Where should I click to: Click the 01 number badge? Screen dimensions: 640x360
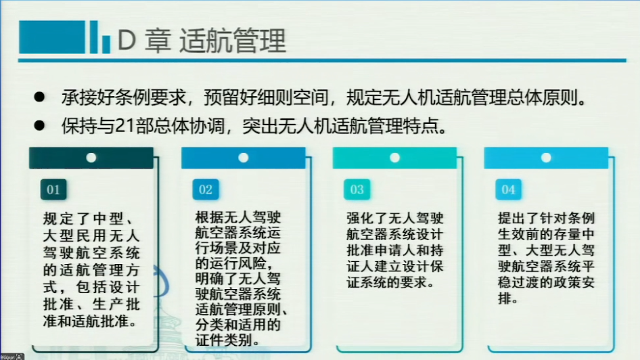pyautogui.click(x=53, y=189)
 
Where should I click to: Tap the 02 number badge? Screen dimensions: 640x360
pyautogui.click(x=205, y=189)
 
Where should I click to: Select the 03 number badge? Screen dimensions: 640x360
pyautogui.click(x=357, y=189)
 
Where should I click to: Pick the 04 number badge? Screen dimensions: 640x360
pyautogui.click(x=508, y=189)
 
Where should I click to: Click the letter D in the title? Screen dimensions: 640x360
pyautogui.click(x=127, y=41)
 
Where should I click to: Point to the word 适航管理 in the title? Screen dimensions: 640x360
pyautogui.click(x=232, y=41)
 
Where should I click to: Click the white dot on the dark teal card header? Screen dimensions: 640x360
pyautogui.click(x=91, y=158)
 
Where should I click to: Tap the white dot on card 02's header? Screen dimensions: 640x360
pyautogui.click(x=244, y=158)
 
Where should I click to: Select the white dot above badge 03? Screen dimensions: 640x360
pyautogui.click(x=394, y=158)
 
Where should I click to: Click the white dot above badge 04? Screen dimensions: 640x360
pyautogui.click(x=546, y=158)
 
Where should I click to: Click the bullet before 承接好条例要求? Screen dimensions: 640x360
pyautogui.click(x=40, y=97)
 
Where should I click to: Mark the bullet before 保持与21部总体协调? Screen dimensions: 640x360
pyautogui.click(x=40, y=125)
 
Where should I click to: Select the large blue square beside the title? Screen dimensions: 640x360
pyautogui.click(x=52, y=37)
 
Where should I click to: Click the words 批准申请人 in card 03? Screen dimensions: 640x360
pyautogui.click(x=381, y=250)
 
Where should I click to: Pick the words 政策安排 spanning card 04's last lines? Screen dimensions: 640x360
pyautogui.click(x=547, y=290)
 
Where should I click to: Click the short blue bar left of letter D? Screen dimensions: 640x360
pyautogui.click(x=106, y=44)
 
